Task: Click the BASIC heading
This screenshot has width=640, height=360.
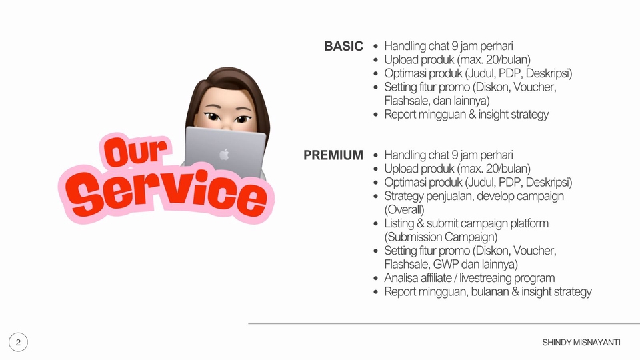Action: coord(343,47)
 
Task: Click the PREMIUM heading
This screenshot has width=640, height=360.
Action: coord(333,155)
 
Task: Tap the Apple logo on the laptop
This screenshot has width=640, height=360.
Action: coord(224,155)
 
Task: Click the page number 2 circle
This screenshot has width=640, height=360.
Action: coord(18,343)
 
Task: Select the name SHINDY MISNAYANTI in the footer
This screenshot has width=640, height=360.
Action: coord(581,342)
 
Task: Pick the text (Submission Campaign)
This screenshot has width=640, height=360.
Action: coord(441,237)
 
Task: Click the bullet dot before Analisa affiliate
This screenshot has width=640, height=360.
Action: coord(377,279)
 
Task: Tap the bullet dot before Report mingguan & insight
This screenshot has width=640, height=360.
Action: coord(377,115)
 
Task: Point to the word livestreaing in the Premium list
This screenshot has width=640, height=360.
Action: coord(492,278)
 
